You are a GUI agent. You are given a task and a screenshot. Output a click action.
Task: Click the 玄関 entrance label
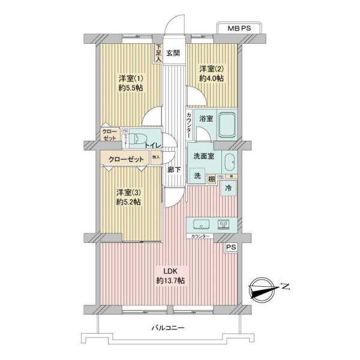click(173, 52)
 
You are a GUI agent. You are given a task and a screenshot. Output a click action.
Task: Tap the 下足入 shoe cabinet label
click(158, 54)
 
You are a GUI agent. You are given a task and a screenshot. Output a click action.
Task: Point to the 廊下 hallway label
click(174, 170)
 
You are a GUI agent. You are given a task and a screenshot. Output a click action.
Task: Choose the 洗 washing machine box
click(196, 176)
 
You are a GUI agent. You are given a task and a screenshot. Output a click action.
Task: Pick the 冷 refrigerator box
click(228, 187)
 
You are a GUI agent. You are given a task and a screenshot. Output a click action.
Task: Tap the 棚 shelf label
click(211, 178)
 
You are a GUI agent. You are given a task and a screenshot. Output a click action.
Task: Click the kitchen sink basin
click(200, 225)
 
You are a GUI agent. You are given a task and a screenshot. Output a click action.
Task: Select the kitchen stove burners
click(224, 224)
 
